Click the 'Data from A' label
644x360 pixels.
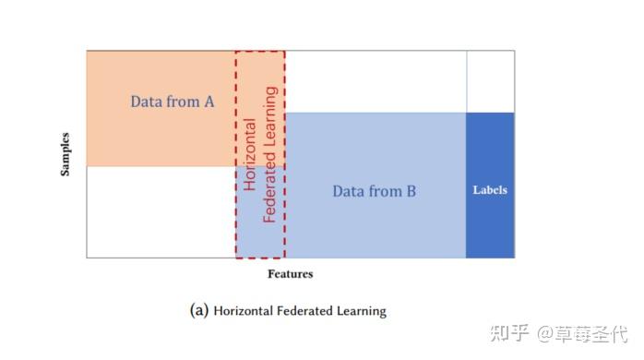tap(172, 102)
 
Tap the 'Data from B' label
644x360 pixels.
tap(374, 191)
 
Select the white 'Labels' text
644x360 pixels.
tap(490, 190)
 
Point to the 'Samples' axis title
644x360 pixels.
tap(66, 155)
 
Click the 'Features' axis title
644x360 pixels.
tap(291, 274)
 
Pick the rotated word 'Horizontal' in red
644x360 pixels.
tap(250, 153)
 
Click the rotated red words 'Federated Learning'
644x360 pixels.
tap(270, 154)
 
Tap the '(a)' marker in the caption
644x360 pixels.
tap(198, 311)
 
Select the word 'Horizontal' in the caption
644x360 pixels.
tap(244, 311)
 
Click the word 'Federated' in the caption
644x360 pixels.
tap(309, 311)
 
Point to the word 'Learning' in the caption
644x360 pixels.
tap(364, 311)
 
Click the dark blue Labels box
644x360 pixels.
tap(490, 222)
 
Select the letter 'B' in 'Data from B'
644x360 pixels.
tap(411, 191)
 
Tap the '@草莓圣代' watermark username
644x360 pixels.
tap(581, 330)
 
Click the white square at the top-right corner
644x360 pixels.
tap(490, 81)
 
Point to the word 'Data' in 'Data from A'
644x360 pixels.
tap(145, 102)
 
